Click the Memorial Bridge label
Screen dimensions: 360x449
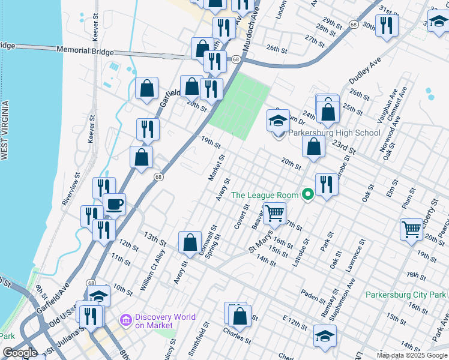click(x=85, y=51)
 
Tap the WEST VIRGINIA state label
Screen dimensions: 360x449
click(x=5, y=131)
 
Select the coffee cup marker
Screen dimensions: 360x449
click(x=114, y=205)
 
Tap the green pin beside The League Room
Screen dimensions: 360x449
click(x=308, y=194)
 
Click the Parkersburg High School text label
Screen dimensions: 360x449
click(x=334, y=133)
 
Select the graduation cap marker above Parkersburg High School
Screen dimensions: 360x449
click(x=278, y=121)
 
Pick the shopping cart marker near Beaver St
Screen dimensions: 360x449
click(x=274, y=212)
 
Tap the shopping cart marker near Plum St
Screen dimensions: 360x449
click(x=412, y=229)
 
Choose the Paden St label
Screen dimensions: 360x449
click(x=313, y=295)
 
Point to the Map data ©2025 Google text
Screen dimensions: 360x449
click(x=412, y=355)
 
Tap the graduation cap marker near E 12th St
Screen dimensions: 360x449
click(x=325, y=335)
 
